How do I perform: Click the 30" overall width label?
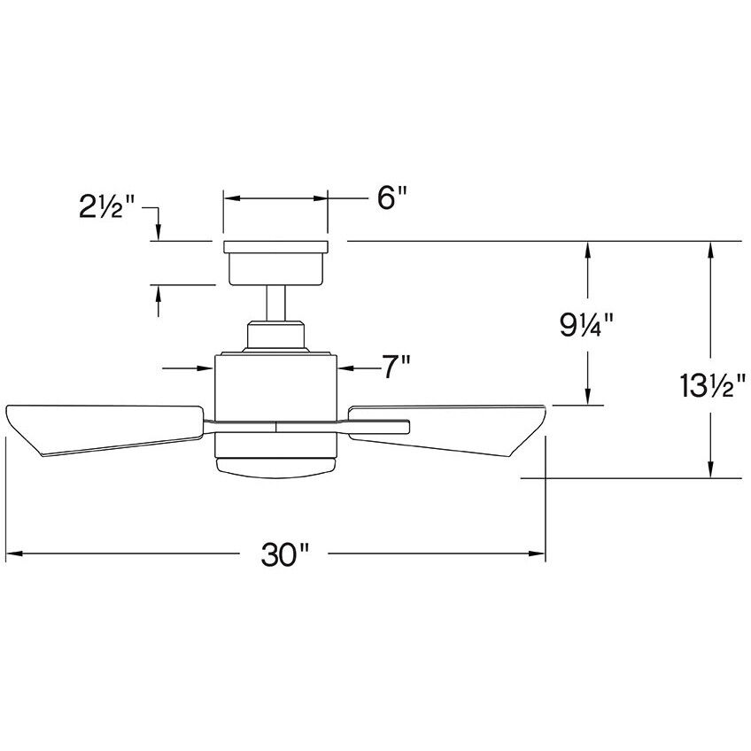coord(284,555)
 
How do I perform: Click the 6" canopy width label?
coord(391,198)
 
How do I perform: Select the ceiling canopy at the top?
coord(275,262)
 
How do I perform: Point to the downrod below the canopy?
coord(275,303)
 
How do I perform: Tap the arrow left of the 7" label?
coord(345,366)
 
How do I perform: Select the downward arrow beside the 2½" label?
coord(158,232)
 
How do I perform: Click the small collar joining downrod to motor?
coord(275,336)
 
